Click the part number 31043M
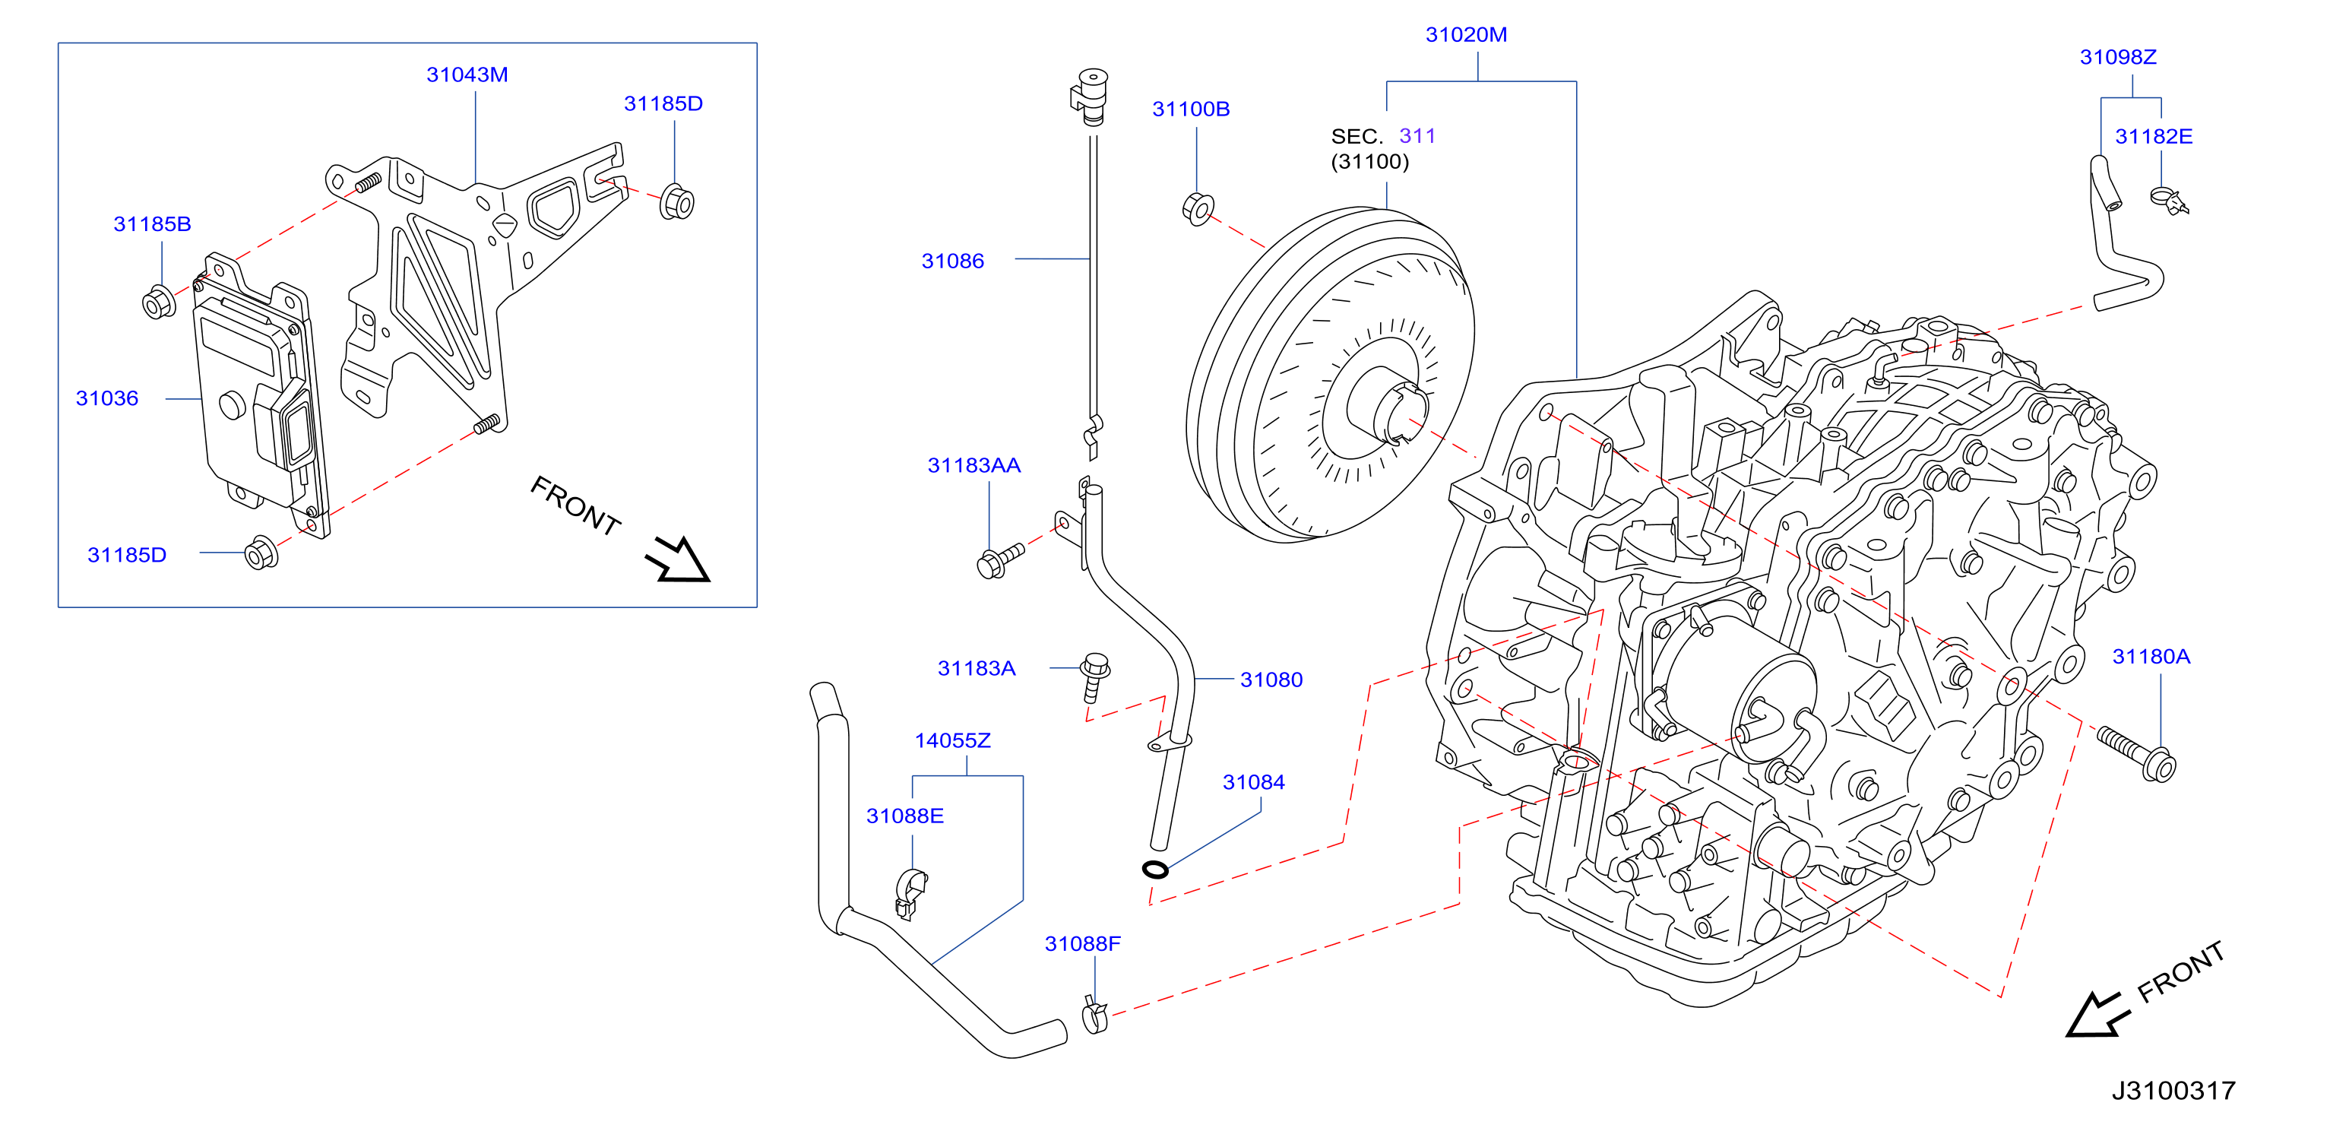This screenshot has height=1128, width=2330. pyautogui.click(x=467, y=74)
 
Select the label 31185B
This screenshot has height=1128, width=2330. pyautogui.click(x=152, y=223)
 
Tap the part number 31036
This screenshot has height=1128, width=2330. pyautogui.click(x=106, y=398)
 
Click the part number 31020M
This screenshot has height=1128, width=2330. pyautogui.click(x=1466, y=34)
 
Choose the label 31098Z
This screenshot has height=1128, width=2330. pyautogui.click(x=2117, y=57)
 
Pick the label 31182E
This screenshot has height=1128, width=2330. pyautogui.click(x=2153, y=136)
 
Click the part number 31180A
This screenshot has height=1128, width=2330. pyautogui.click(x=2150, y=656)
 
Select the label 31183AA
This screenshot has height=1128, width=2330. pyautogui.click(x=973, y=465)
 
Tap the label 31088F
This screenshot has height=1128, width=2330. pyautogui.click(x=1082, y=943)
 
